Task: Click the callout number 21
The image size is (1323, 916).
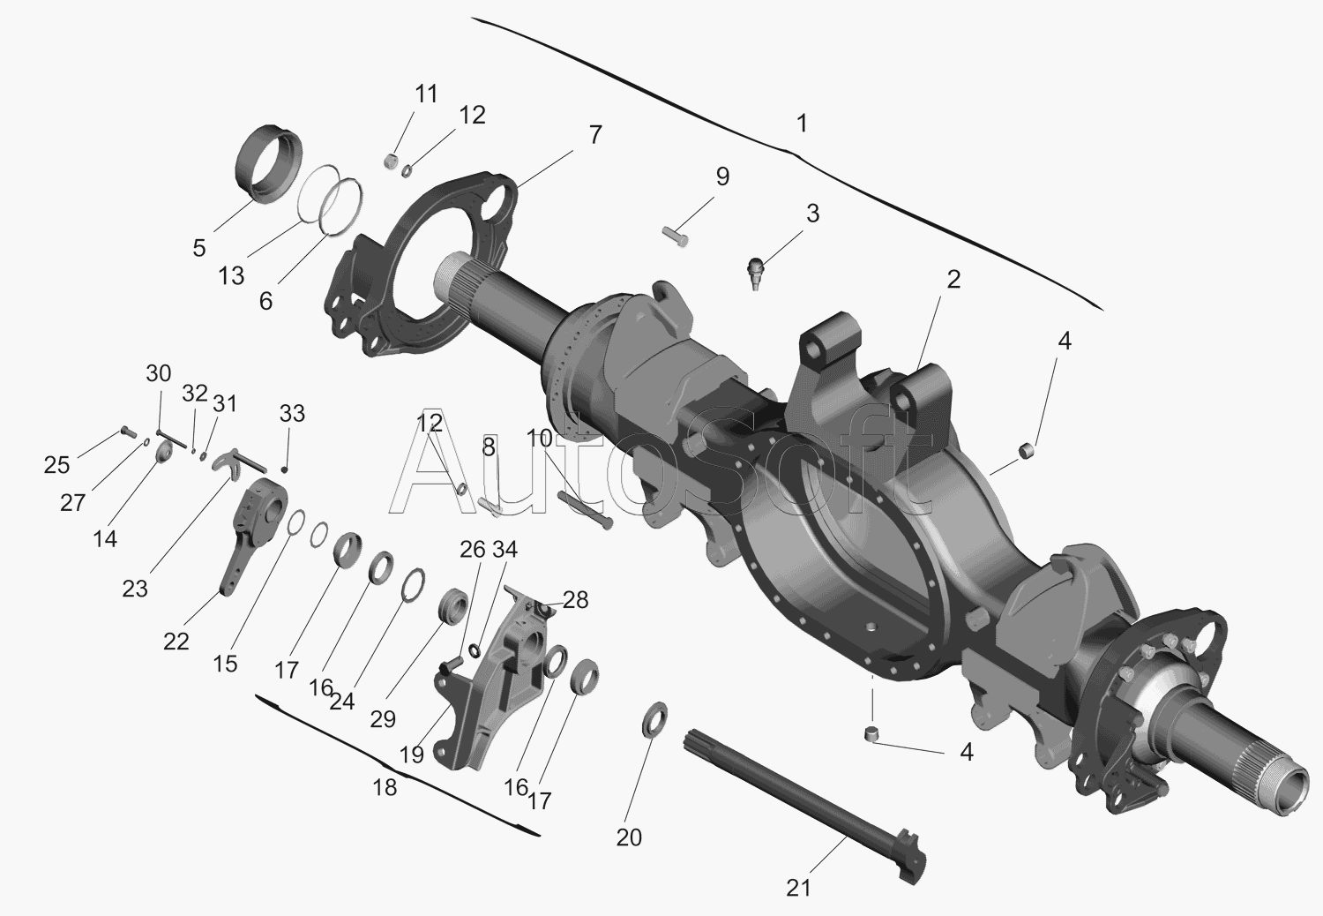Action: coord(798,889)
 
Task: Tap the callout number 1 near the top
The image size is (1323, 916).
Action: coord(802,124)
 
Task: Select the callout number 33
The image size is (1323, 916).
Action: coord(292,414)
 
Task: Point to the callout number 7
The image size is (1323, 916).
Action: coord(594,135)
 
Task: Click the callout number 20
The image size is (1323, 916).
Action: coord(628,837)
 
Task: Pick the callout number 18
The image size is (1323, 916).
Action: coord(385,787)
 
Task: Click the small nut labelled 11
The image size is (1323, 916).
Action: coord(391,160)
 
